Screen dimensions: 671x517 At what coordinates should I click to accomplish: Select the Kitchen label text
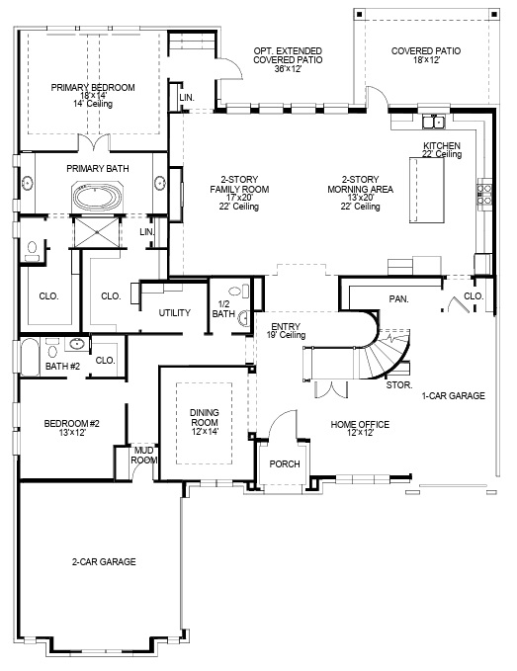[x=441, y=149]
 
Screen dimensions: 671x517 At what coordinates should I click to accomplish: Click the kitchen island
[x=427, y=193]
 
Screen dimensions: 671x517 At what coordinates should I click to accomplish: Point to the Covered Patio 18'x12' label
[x=426, y=55]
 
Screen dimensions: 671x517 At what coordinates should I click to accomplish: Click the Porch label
[x=285, y=463]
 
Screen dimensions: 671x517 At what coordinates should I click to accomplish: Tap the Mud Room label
[x=144, y=455]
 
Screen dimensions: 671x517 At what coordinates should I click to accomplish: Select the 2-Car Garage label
[x=103, y=561]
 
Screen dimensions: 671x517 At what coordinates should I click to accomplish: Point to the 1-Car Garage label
[x=453, y=395]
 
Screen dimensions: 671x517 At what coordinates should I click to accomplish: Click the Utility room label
[x=174, y=312]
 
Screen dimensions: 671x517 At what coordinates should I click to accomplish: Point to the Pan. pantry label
[x=399, y=296]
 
